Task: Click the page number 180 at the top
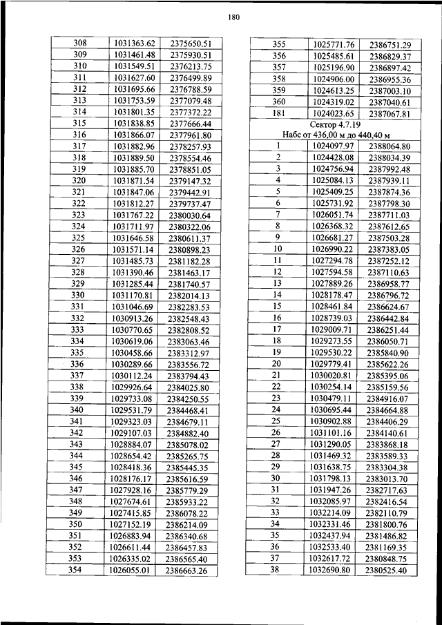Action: (231, 18)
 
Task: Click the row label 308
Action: (79, 43)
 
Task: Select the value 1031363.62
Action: (133, 43)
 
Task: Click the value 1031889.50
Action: (133, 157)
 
